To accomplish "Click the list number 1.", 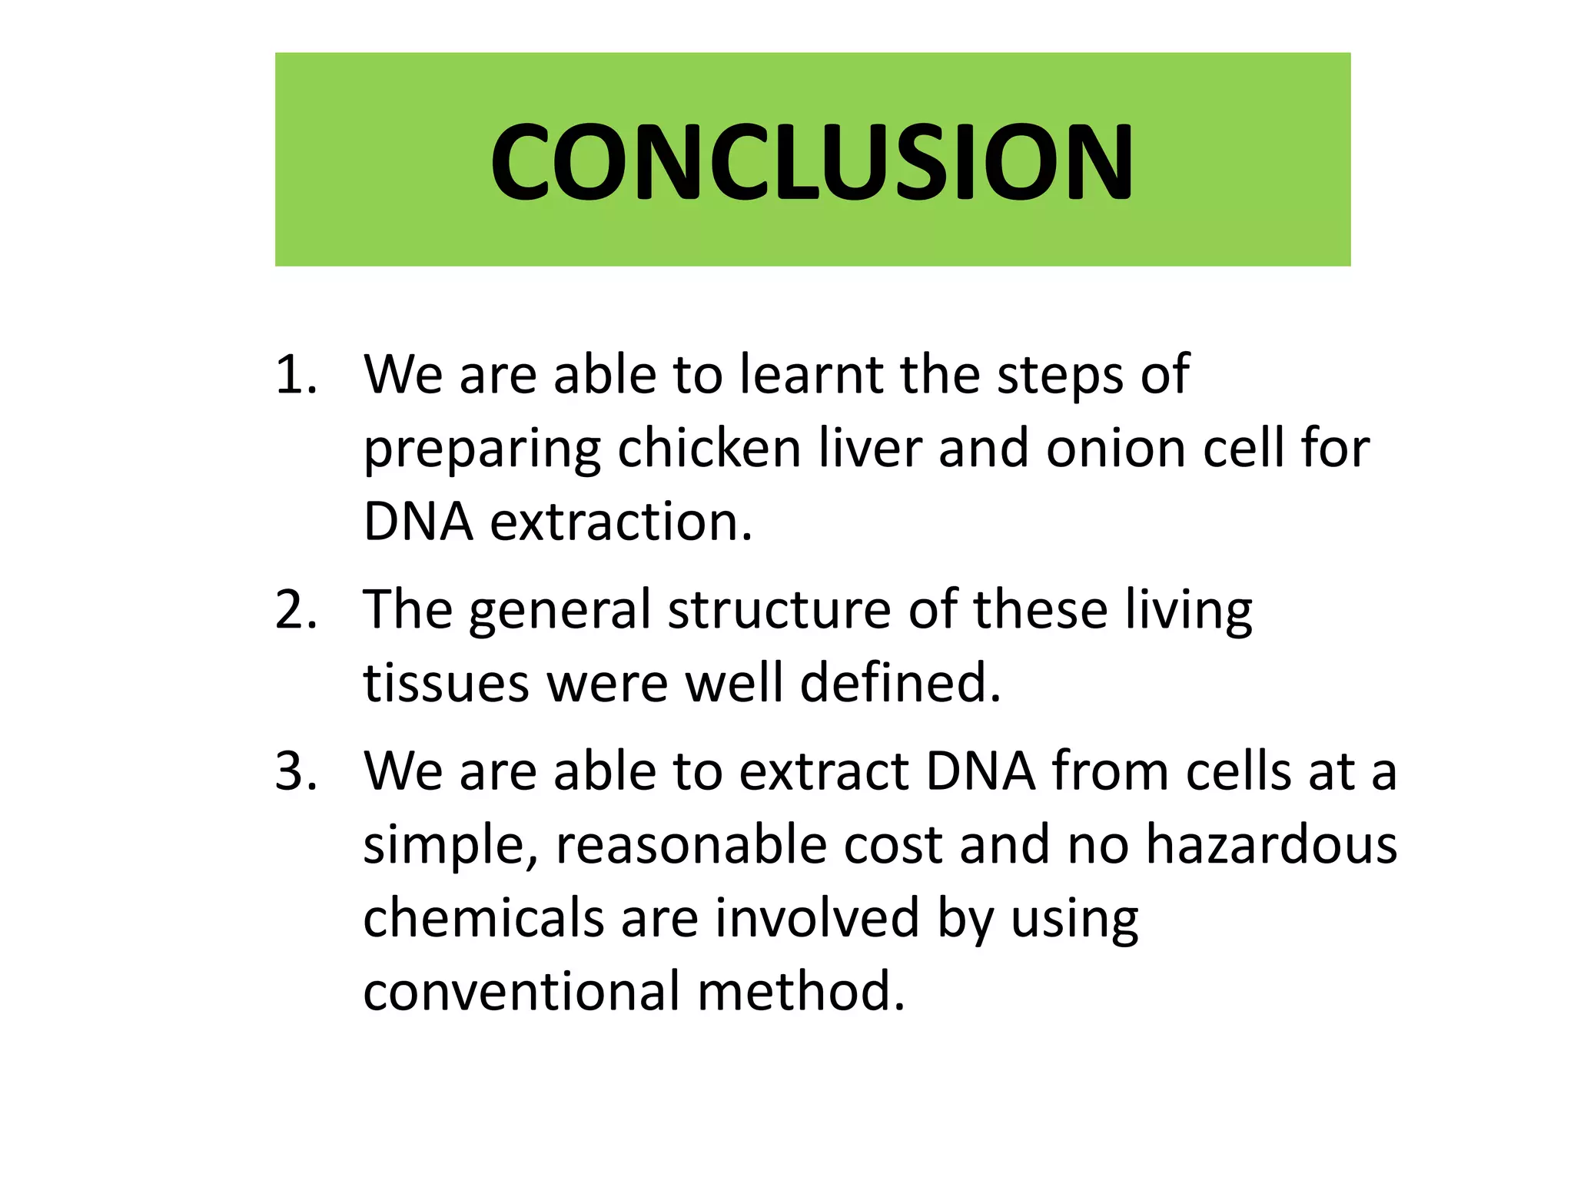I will pos(296,376).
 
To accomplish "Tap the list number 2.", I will pos(296,610).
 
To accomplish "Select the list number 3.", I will pos(296,771).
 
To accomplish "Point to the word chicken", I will pos(709,449).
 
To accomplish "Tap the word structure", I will pos(780,610).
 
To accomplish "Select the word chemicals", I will pos(483,919).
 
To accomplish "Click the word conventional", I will pos(522,991).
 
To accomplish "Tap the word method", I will pos(802,991).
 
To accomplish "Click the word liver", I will pos(869,449).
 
